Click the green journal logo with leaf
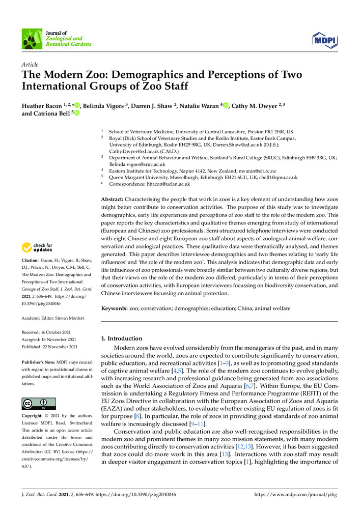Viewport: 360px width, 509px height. (x=31, y=39)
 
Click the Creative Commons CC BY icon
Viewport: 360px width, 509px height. (x=39, y=403)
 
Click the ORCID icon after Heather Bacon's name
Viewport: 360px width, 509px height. (x=77, y=106)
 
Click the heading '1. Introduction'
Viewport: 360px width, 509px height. (x=122, y=338)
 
